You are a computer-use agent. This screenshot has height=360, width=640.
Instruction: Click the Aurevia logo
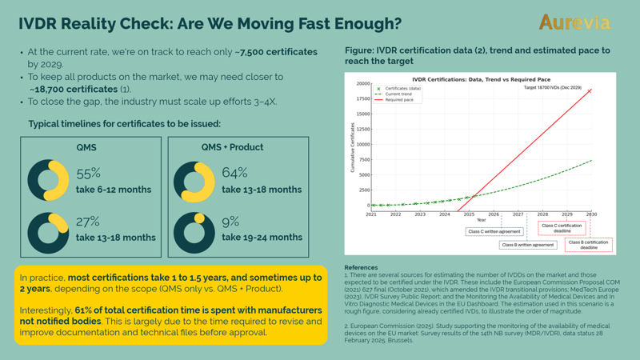pos(574,22)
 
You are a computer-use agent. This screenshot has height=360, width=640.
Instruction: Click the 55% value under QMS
pos(88,173)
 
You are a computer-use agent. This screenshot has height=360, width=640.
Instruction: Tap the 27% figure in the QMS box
pos(88,222)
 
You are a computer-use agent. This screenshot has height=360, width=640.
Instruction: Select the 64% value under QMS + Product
pos(234,173)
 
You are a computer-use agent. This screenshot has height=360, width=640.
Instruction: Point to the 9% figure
pos(230,222)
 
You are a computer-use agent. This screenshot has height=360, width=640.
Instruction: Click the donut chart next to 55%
pos(49,181)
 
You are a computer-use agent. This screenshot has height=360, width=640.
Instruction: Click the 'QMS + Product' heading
pos(232,147)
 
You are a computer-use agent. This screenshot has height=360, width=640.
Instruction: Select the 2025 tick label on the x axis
pos(469,214)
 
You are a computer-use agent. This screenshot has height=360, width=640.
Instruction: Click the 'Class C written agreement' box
pos(494,231)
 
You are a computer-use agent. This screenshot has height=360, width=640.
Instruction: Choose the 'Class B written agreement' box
pos(528,245)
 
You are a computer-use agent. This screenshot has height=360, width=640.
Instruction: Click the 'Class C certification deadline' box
pos(562,228)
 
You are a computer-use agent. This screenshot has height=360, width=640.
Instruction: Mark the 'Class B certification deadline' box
pos(589,245)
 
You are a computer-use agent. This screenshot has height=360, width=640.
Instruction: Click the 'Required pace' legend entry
pos(399,100)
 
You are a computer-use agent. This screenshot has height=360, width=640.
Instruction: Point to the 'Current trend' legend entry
pos(398,94)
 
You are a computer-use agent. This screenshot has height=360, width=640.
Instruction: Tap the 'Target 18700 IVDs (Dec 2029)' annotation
pos(553,88)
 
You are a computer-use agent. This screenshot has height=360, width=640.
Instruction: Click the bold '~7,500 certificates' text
pos(276,52)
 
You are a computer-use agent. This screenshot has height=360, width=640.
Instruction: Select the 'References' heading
pos(362,268)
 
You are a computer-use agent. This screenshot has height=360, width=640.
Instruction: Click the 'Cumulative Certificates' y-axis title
pos(352,148)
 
